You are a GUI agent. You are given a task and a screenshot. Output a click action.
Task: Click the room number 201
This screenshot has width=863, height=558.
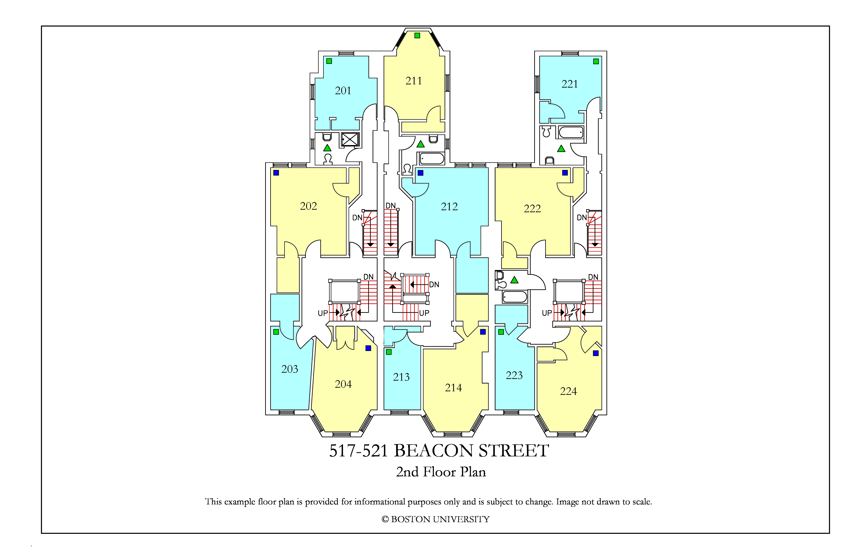pos(343,91)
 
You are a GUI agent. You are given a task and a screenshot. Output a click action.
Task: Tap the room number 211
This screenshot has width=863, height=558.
pos(414,81)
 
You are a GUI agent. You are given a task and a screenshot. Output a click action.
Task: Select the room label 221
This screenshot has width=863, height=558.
pos(570,84)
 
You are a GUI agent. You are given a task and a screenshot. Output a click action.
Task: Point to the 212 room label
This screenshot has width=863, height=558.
pos(449,206)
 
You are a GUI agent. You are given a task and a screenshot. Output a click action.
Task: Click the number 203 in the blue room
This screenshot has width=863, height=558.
pos(290,369)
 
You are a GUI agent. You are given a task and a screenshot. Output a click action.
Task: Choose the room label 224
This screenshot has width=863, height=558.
pos(569,391)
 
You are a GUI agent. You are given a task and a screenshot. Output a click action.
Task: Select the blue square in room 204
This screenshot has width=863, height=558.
pos(368,348)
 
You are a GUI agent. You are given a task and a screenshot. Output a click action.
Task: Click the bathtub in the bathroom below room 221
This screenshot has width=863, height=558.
pos(571,132)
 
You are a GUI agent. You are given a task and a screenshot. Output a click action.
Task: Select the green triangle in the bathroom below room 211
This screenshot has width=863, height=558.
pos(421,144)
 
